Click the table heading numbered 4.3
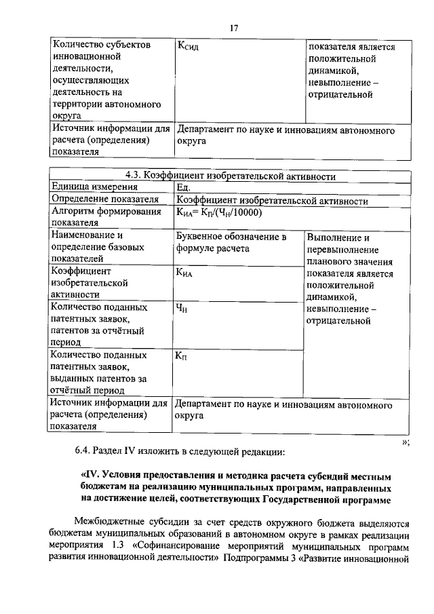231,176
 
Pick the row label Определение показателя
105,200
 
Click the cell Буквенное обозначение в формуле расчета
231,243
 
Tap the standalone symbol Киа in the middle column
184,272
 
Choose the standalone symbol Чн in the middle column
181,309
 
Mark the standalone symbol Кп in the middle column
182,357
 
